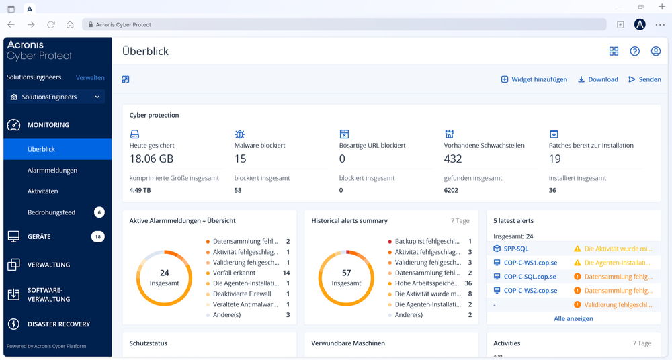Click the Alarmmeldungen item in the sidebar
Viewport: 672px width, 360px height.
pyautogui.click(x=52, y=171)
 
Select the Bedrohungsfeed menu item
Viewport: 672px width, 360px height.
pyautogui.click(x=51, y=212)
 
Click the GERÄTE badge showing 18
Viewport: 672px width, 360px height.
pyautogui.click(x=98, y=237)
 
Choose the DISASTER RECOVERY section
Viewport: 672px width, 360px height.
pyautogui.click(x=58, y=324)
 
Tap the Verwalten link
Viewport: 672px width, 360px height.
pyautogui.click(x=90, y=78)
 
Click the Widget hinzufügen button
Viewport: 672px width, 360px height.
pyautogui.click(x=534, y=79)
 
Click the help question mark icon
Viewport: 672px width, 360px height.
pyautogui.click(x=634, y=52)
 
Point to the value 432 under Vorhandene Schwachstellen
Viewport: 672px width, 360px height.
pyautogui.click(x=453, y=159)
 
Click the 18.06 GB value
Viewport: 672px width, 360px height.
pyautogui.click(x=151, y=159)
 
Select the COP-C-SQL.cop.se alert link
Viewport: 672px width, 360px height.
pyautogui.click(x=530, y=277)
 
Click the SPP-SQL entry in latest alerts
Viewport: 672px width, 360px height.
pyautogui.click(x=516, y=249)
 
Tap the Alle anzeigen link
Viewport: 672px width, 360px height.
pyautogui.click(x=573, y=319)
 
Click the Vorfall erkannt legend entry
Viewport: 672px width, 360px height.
pyautogui.click(x=234, y=273)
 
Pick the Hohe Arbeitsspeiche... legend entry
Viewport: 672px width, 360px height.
pyautogui.click(x=427, y=283)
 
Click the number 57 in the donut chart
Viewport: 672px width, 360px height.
pyautogui.click(x=346, y=273)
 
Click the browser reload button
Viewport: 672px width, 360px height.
pyautogui.click(x=50, y=25)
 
